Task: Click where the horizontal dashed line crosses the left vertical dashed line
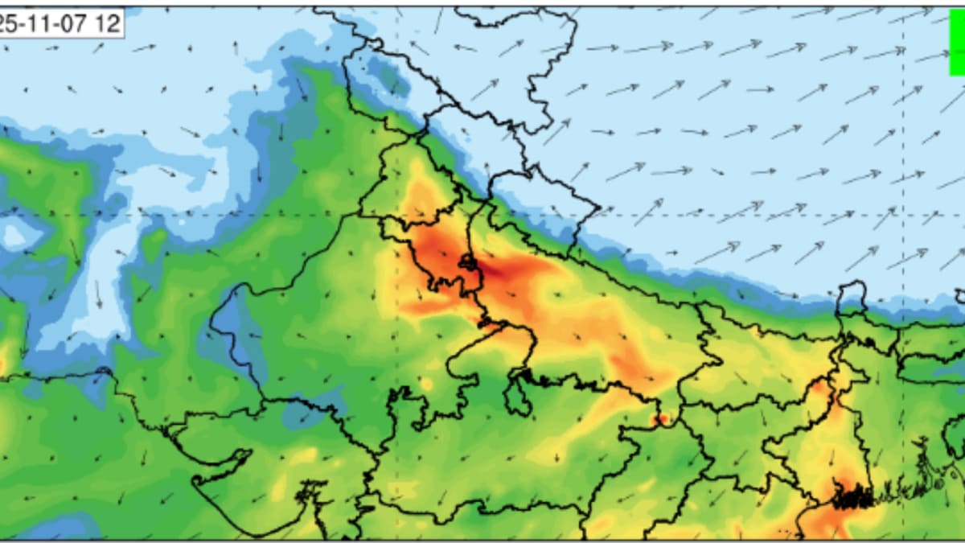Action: (x=396, y=216)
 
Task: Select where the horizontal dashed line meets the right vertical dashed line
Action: (x=903, y=216)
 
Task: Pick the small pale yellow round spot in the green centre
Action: (x=427, y=384)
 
